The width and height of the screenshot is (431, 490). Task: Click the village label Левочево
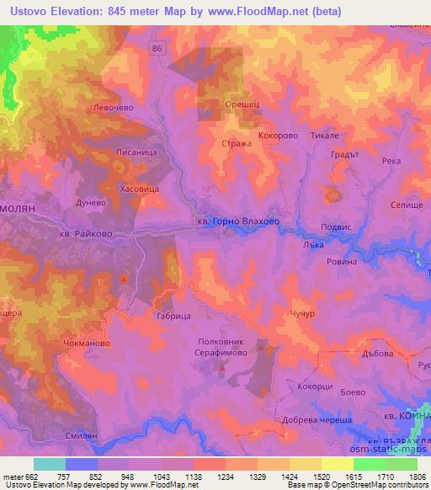tap(114, 108)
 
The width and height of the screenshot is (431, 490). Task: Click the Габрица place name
tap(174, 316)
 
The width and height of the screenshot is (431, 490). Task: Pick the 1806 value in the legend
tap(418, 476)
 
